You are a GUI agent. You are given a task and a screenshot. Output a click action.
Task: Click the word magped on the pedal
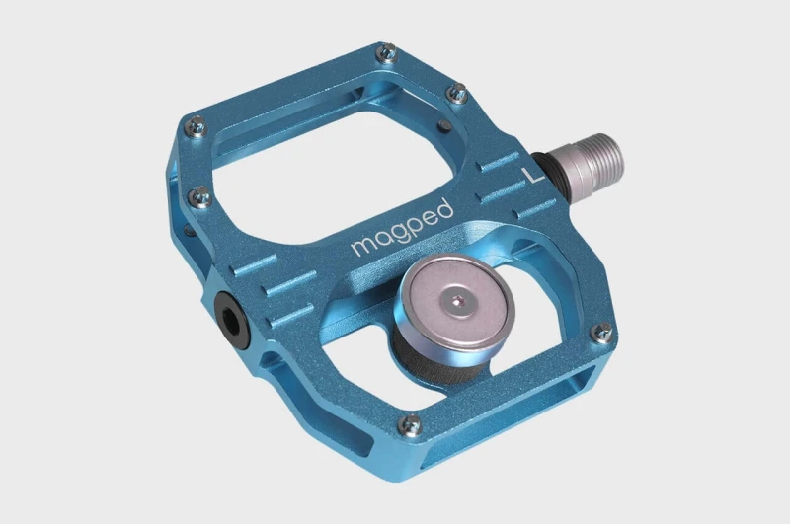[402, 228]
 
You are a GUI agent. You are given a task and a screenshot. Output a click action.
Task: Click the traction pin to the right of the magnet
[600, 335]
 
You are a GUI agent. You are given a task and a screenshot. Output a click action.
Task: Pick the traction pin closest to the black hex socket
[199, 195]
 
